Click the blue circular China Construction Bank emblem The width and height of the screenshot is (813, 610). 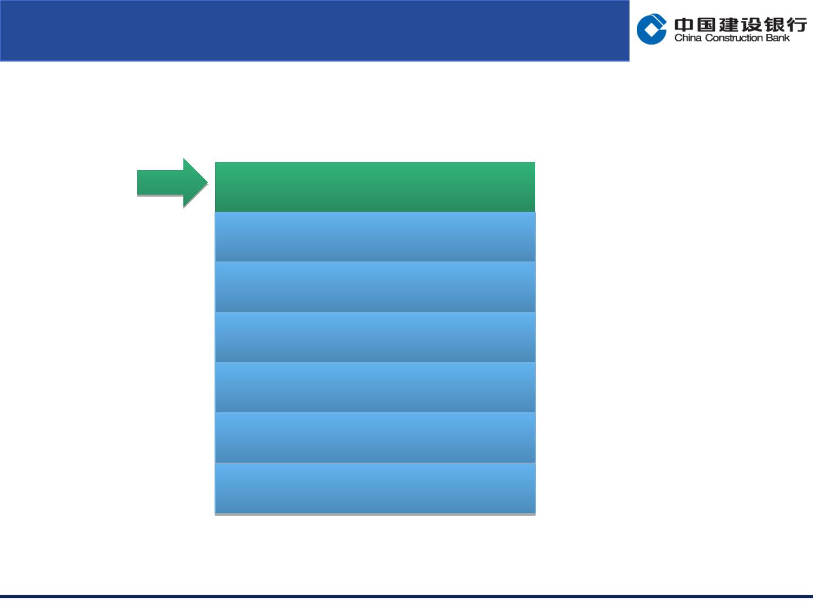[652, 29]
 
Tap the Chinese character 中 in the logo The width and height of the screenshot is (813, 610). [684, 25]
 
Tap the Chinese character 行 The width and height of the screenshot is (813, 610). [797, 25]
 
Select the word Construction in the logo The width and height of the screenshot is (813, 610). [734, 38]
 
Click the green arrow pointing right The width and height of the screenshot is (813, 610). [172, 182]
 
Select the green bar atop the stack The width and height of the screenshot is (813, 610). [375, 187]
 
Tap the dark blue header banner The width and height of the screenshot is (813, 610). [314, 30]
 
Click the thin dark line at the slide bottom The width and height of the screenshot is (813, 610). [406, 596]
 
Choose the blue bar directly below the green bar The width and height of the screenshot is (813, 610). [375, 237]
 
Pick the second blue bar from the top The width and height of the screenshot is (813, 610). [375, 287]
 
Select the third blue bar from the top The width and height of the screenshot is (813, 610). [375, 337]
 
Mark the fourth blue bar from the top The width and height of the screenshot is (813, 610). [375, 387]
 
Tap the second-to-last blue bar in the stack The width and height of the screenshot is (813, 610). [375, 437]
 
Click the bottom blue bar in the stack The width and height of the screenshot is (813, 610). [375, 488]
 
